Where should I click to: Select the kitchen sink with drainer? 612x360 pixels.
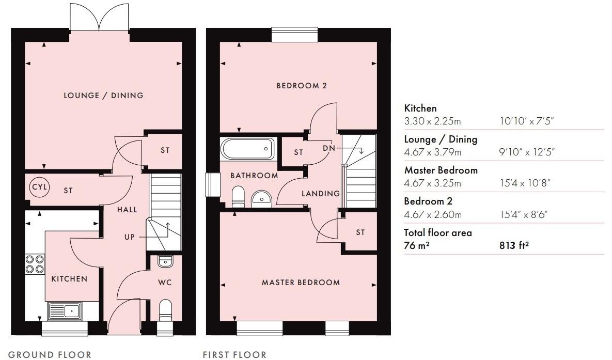click(64, 311)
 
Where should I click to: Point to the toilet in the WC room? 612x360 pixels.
click(165, 310)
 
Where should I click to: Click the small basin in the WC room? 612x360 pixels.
click(165, 261)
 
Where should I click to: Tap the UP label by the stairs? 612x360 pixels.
click(129, 237)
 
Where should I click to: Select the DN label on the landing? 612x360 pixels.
click(329, 148)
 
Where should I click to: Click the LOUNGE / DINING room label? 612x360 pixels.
click(103, 96)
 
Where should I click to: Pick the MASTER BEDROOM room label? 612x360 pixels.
click(301, 283)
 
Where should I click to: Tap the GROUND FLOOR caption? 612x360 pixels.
click(50, 354)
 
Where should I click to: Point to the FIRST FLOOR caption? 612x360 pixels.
click(234, 354)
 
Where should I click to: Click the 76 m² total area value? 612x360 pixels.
click(417, 246)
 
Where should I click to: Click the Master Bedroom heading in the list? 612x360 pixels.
click(433, 170)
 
